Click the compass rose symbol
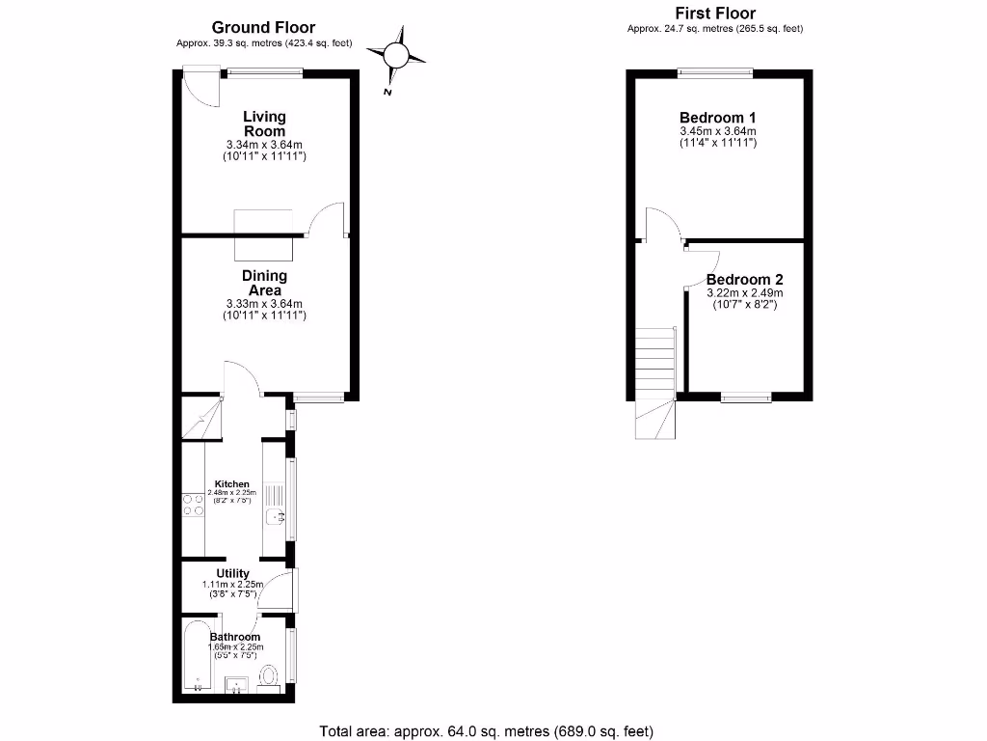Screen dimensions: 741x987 [397, 56]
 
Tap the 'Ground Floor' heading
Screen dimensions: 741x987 [263, 28]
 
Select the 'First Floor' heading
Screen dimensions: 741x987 [714, 13]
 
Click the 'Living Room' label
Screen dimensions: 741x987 [264, 123]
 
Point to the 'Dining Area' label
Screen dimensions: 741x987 [264, 283]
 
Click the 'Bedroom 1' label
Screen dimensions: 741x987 [718, 118]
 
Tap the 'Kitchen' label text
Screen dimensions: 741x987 [232, 484]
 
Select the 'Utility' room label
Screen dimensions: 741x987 [232, 574]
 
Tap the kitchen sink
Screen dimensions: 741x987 [275, 518]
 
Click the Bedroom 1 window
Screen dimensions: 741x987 [715, 70]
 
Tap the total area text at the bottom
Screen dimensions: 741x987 [493, 729]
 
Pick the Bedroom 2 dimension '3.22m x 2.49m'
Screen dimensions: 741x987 [744, 293]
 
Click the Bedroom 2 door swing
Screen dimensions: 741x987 [705, 265]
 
